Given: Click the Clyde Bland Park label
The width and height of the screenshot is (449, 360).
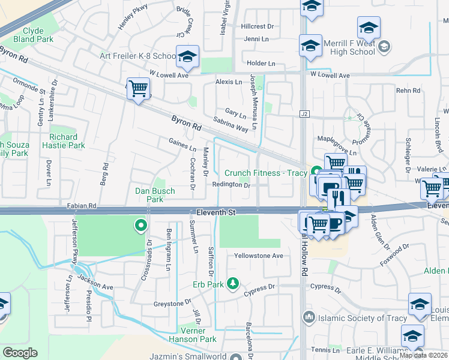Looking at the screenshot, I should tap(37, 35).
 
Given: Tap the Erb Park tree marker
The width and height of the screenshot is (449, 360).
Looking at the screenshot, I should tap(234, 283).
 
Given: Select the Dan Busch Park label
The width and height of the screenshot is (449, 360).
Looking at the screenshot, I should tap(155, 195).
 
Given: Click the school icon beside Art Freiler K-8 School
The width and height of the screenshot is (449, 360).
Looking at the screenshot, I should tap(187, 58).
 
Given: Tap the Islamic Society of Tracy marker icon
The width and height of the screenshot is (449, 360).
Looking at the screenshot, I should tap(309, 316).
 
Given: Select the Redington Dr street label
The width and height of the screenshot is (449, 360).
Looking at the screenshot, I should tap(231, 185).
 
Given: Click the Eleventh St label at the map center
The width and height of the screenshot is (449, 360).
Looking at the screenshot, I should tap(217, 212).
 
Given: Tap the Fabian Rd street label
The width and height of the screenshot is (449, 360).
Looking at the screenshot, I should tap(82, 205).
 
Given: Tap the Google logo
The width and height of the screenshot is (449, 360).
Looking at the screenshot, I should tap(20, 353).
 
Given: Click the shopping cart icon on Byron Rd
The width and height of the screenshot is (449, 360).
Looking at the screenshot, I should tap(139, 89).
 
